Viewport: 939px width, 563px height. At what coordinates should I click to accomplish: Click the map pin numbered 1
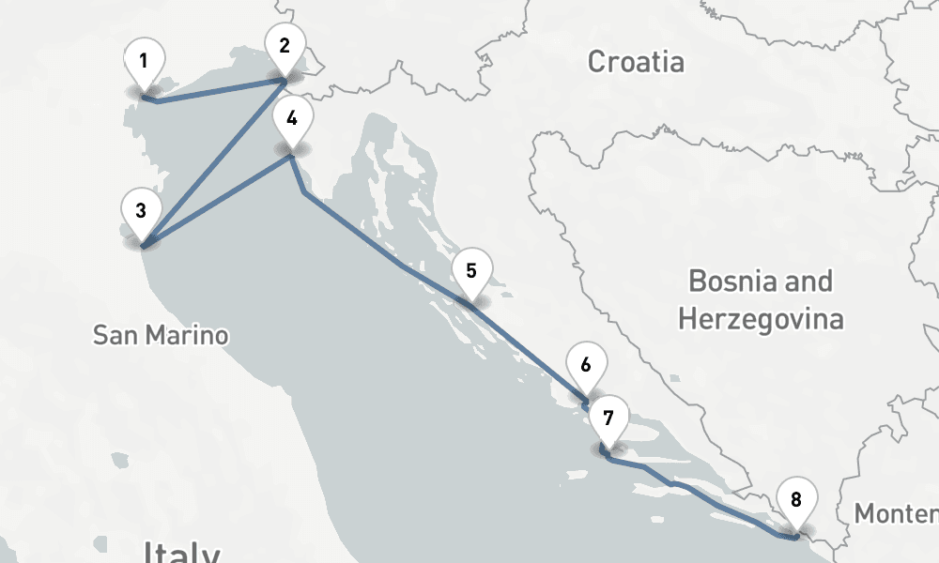click(x=144, y=63)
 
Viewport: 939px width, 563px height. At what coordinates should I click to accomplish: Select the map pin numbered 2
click(x=285, y=45)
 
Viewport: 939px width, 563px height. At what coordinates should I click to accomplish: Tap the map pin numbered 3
click(x=140, y=211)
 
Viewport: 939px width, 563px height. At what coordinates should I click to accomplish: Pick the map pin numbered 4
click(x=292, y=119)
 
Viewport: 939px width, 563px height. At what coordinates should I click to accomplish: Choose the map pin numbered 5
click(x=471, y=272)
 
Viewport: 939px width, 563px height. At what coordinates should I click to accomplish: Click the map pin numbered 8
click(x=796, y=500)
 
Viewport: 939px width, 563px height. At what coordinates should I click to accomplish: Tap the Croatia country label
click(x=636, y=63)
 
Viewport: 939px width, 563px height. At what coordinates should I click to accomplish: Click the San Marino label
click(x=161, y=335)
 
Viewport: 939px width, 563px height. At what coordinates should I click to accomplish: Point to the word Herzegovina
click(x=761, y=319)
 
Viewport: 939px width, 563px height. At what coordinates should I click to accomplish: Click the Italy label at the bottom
click(x=181, y=553)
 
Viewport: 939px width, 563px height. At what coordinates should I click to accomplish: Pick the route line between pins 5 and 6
click(x=531, y=349)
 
